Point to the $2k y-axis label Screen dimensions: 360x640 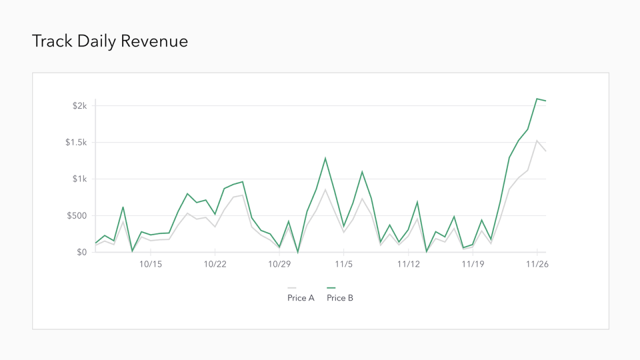pyautogui.click(x=79, y=106)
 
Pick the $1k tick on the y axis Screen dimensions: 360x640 pyautogui.click(x=79, y=179)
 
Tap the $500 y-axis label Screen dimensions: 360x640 pyautogui.click(x=77, y=216)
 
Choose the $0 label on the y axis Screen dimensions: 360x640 pyautogui.click(x=81, y=253)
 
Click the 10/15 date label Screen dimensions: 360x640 pyautogui.click(x=150, y=265)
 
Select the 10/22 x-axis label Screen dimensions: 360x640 pyautogui.click(x=215, y=265)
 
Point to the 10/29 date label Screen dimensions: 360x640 pyautogui.click(x=279, y=265)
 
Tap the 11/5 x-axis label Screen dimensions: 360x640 pyautogui.click(x=343, y=265)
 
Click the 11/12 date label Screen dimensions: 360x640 pyautogui.click(x=408, y=265)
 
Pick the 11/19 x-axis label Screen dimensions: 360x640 pyautogui.click(x=473, y=265)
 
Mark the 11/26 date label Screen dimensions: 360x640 pyautogui.click(x=537, y=265)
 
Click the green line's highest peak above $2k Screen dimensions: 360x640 pyautogui.click(x=537, y=99)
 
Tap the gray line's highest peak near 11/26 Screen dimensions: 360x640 pyautogui.click(x=537, y=141)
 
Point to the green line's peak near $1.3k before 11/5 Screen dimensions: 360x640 pyautogui.click(x=325, y=158)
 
